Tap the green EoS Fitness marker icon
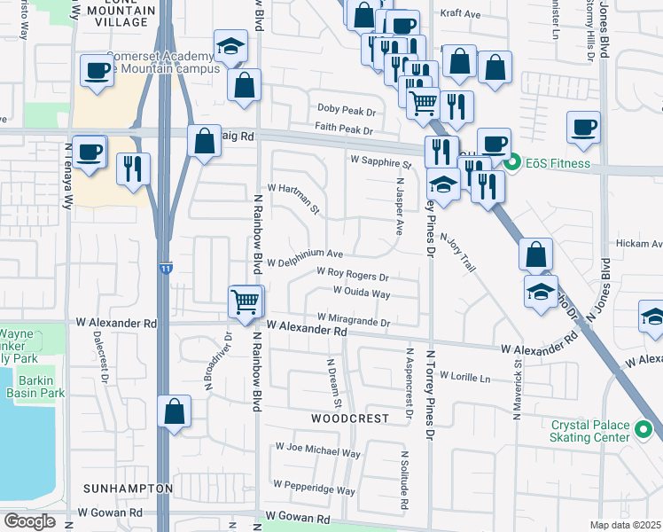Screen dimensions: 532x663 511,163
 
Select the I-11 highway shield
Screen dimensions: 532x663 165,268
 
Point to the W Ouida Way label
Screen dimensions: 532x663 362,292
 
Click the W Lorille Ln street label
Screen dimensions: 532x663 464,377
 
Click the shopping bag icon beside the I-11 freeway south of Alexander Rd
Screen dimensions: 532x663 174,411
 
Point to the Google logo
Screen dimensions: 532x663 28,521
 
